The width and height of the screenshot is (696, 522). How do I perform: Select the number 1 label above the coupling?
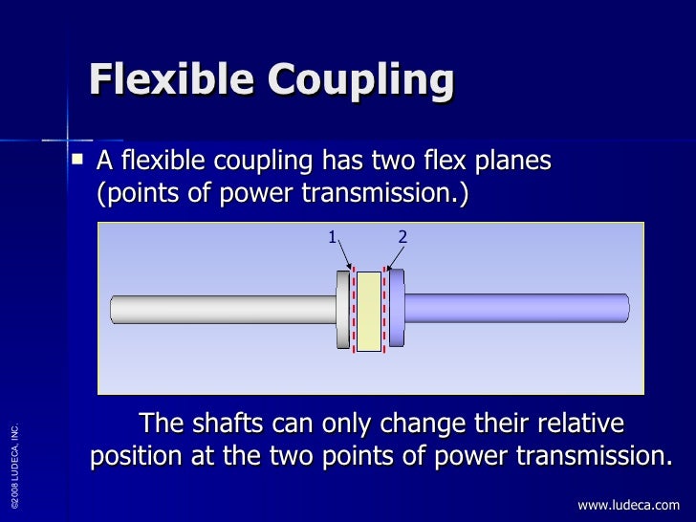pyautogui.click(x=332, y=236)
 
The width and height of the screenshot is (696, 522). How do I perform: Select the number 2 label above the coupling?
pyautogui.click(x=402, y=236)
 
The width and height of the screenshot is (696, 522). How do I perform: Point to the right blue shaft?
pyautogui.click(x=516, y=309)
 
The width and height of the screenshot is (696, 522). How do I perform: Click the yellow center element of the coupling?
pyautogui.click(x=369, y=311)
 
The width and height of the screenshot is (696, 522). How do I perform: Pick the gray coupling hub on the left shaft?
pyautogui.click(x=343, y=310)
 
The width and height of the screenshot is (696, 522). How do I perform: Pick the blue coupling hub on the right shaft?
pyautogui.click(x=396, y=310)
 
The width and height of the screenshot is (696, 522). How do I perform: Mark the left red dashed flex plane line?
pyautogui.click(x=354, y=311)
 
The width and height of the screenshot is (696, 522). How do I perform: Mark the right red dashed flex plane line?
pyautogui.click(x=384, y=311)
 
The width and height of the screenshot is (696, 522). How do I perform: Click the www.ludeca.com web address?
pyautogui.click(x=628, y=505)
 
